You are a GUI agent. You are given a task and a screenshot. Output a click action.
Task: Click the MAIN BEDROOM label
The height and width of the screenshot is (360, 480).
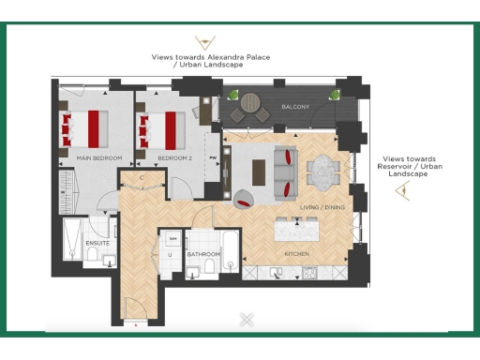click(100, 158)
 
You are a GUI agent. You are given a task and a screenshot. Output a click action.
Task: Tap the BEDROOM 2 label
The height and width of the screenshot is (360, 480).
click(175, 158)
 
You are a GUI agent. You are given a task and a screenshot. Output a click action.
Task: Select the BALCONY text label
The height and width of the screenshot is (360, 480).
click(296, 108)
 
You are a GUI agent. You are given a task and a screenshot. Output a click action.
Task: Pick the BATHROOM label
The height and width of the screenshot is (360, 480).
click(202, 253)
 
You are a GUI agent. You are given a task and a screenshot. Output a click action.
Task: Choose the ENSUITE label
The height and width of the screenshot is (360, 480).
click(97, 244)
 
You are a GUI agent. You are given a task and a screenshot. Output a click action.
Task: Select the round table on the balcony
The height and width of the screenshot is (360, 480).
click(250, 102)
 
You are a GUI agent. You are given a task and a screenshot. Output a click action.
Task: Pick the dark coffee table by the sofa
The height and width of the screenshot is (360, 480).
click(259, 172)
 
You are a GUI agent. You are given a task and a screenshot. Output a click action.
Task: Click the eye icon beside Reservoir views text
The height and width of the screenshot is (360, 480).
click(404, 191)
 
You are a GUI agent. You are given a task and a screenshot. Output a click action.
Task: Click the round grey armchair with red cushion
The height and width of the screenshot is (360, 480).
click(242, 197)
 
